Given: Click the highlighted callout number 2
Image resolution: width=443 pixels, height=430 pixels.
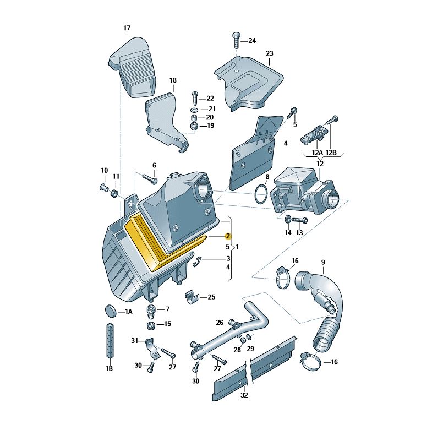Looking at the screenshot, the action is (x=228, y=236).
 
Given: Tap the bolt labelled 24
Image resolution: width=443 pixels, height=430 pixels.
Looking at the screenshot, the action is (x=236, y=40).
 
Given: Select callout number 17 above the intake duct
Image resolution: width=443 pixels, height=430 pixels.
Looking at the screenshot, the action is (x=127, y=28).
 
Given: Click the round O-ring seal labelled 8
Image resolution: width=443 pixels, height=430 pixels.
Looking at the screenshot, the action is (x=261, y=194).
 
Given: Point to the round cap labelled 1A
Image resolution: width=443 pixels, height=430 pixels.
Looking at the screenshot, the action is (x=110, y=311).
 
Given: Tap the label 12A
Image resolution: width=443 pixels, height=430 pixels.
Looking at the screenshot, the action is (x=317, y=153).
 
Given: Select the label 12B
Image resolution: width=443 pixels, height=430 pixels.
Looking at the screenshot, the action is (x=331, y=153).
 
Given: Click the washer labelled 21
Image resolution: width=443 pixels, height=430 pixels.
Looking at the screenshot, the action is (x=195, y=110).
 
